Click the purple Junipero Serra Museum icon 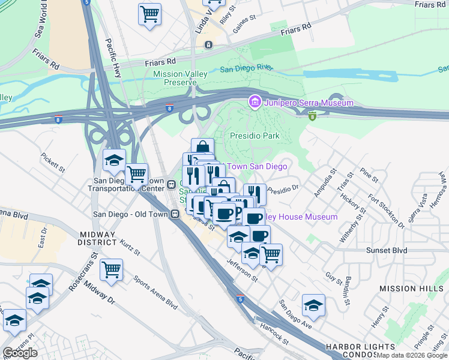pyautogui.click(x=255, y=103)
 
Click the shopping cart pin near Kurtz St pyautogui.click(x=111, y=269)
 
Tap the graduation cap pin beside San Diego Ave pyautogui.click(x=313, y=305)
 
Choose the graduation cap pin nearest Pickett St pyautogui.click(x=114, y=160)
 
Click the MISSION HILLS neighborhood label pyautogui.click(x=411, y=289)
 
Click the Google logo pyautogui.click(x=20, y=353)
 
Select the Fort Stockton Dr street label pyautogui.click(x=387, y=211)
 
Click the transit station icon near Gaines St pyautogui.click(x=208, y=45)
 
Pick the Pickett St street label pyautogui.click(x=53, y=162)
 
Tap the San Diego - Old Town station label pyautogui.click(x=130, y=214)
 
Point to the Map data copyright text pyautogui.click(x=412, y=355)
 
